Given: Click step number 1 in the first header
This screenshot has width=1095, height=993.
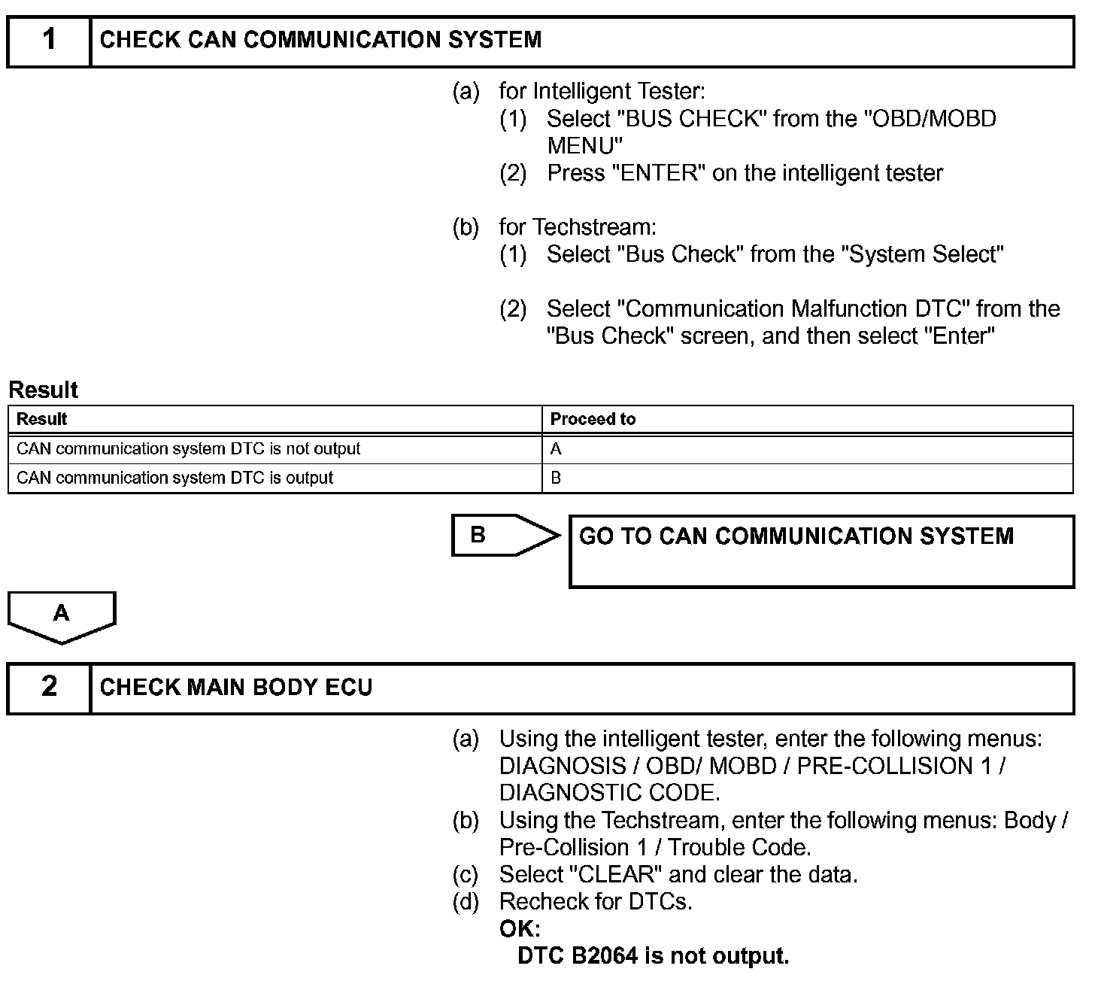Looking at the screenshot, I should coord(49,40).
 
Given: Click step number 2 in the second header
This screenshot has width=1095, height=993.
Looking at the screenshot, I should coord(49,686).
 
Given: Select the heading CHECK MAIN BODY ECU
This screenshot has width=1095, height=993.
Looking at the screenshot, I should coord(236,688).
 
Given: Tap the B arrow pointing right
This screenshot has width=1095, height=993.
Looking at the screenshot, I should coord(504,536).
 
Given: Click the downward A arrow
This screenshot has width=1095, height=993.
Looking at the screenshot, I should coord(62,615).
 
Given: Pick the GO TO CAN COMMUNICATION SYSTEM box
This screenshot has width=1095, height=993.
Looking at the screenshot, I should coord(821,551).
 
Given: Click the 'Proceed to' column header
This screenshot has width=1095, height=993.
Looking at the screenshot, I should coord(593,419).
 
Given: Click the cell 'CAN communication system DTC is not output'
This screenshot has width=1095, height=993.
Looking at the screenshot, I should coord(188,449).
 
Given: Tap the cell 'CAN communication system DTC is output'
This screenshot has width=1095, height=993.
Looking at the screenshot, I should coord(174,478).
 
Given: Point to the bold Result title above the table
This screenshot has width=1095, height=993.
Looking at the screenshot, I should coord(43,390).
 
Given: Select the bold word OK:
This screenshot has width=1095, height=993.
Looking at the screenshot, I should coord(520,929).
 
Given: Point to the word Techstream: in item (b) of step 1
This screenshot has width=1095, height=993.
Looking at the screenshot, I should coord(595,227).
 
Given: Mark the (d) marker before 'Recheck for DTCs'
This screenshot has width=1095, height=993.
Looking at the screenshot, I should coord(466,901).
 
